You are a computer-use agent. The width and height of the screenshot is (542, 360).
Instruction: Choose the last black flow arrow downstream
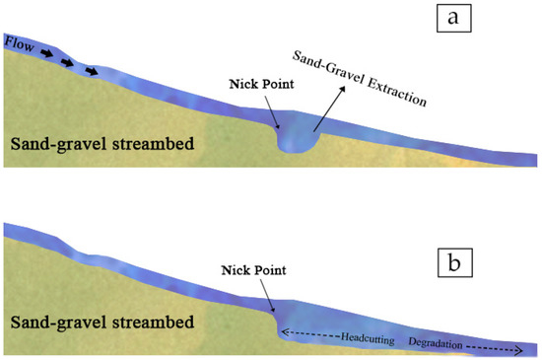point(91,71)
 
